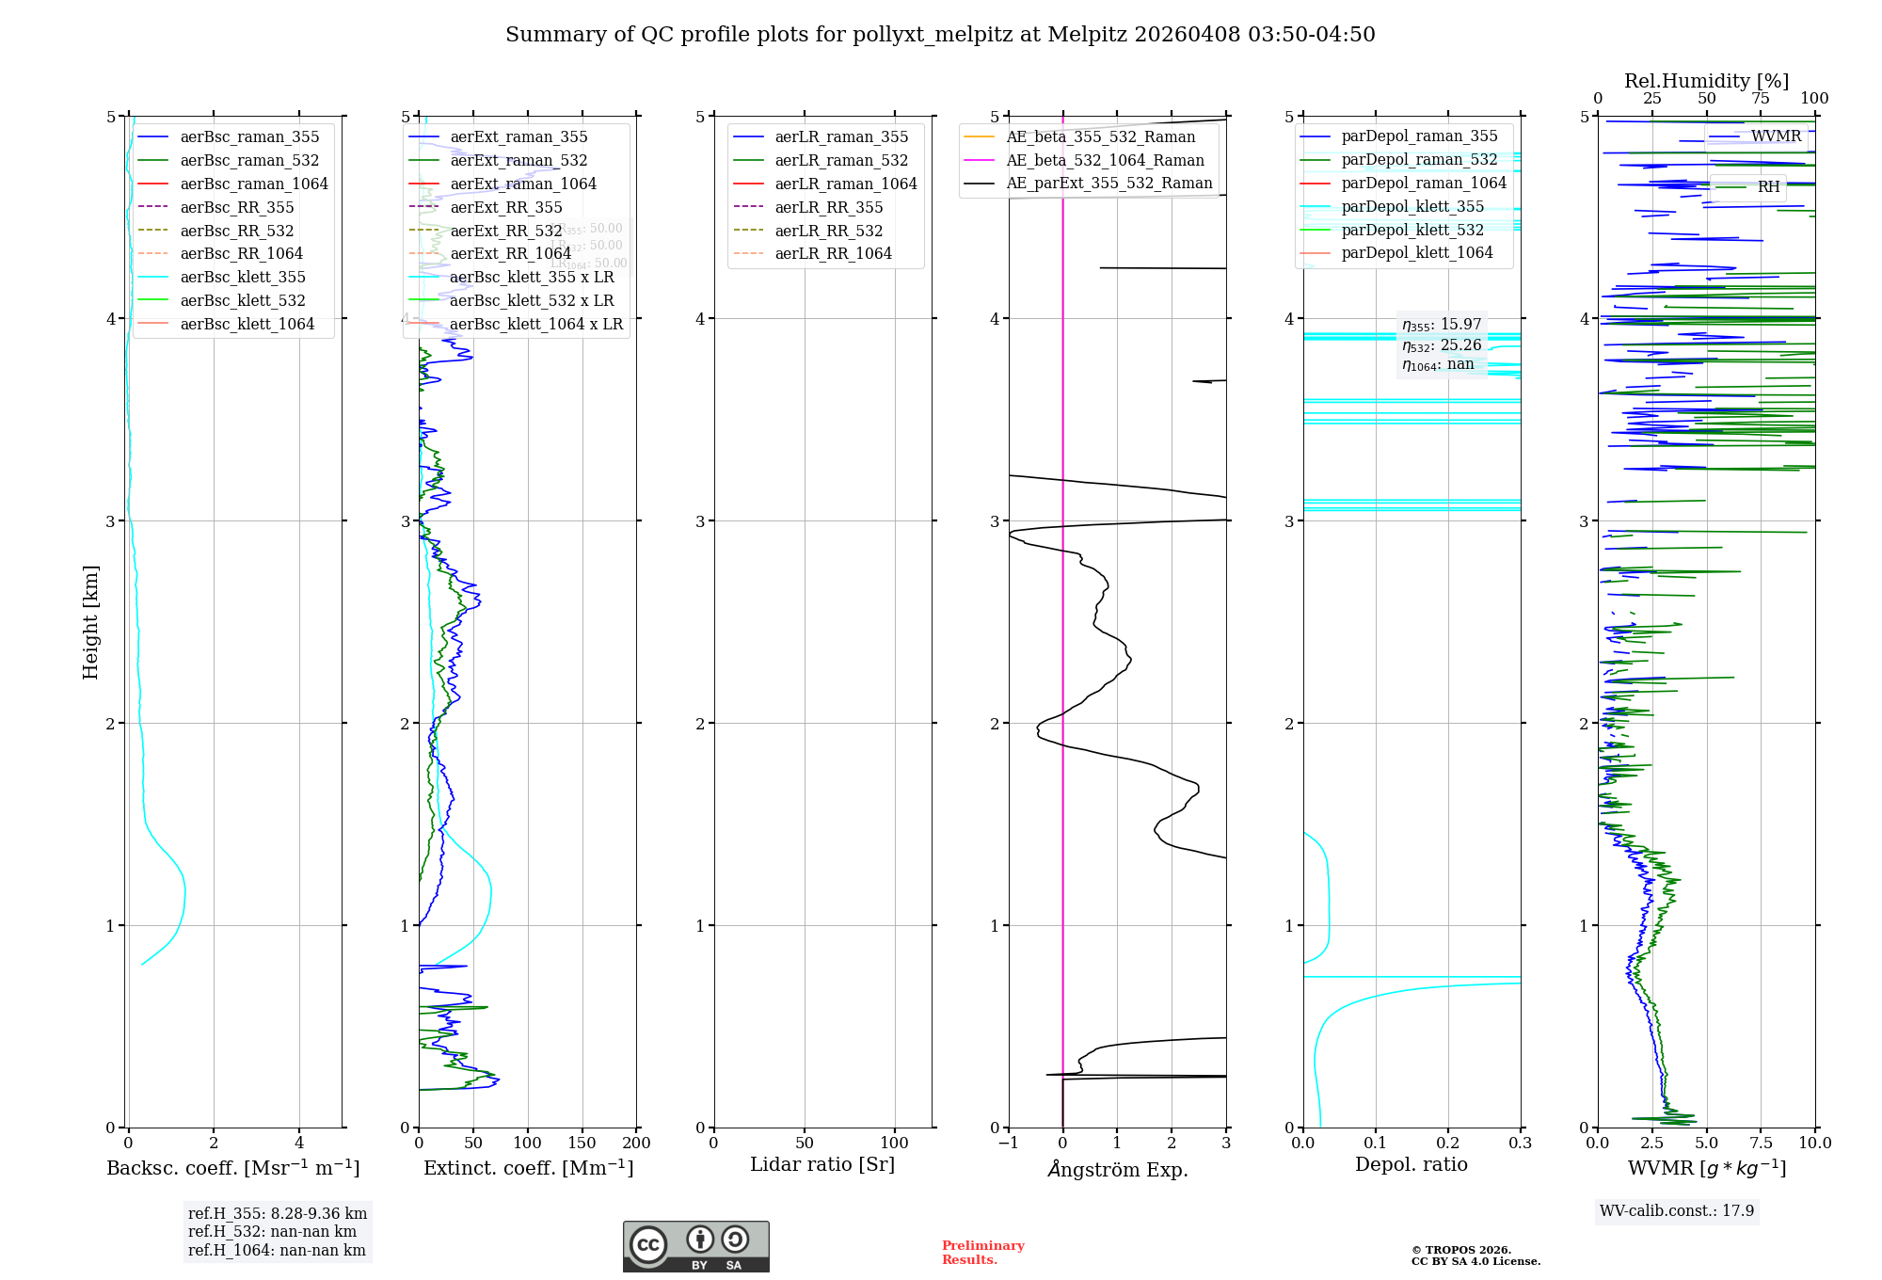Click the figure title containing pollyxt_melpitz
click(x=940, y=35)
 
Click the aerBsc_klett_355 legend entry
click(x=243, y=277)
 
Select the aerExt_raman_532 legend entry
click(x=518, y=160)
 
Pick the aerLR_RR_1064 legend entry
click(x=833, y=253)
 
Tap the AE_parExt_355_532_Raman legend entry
click(x=1108, y=183)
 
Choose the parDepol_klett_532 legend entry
click(x=1411, y=230)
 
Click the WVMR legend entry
click(x=1776, y=136)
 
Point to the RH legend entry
click(x=1768, y=187)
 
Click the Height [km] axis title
click(x=90, y=621)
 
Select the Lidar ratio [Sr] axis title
click(x=821, y=1164)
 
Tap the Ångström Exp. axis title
click(x=1117, y=1169)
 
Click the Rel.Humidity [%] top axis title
click(x=1706, y=81)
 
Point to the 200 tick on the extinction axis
click(x=637, y=1143)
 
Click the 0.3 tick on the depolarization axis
click(x=1521, y=1143)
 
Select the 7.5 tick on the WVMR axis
click(x=1761, y=1143)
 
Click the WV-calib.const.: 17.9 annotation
click(x=1677, y=1210)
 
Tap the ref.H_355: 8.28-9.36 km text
click(x=278, y=1214)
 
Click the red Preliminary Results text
click(x=982, y=1252)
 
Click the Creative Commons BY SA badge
click(x=695, y=1246)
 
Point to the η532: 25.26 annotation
click(x=1442, y=345)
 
